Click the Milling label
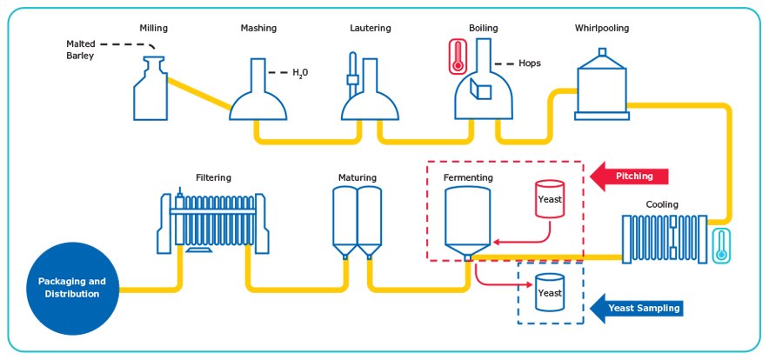(153, 28)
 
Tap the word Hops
(529, 63)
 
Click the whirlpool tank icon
(600, 87)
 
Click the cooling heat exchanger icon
(661, 236)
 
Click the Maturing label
(357, 177)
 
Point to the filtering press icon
(214, 222)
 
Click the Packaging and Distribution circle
(72, 288)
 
